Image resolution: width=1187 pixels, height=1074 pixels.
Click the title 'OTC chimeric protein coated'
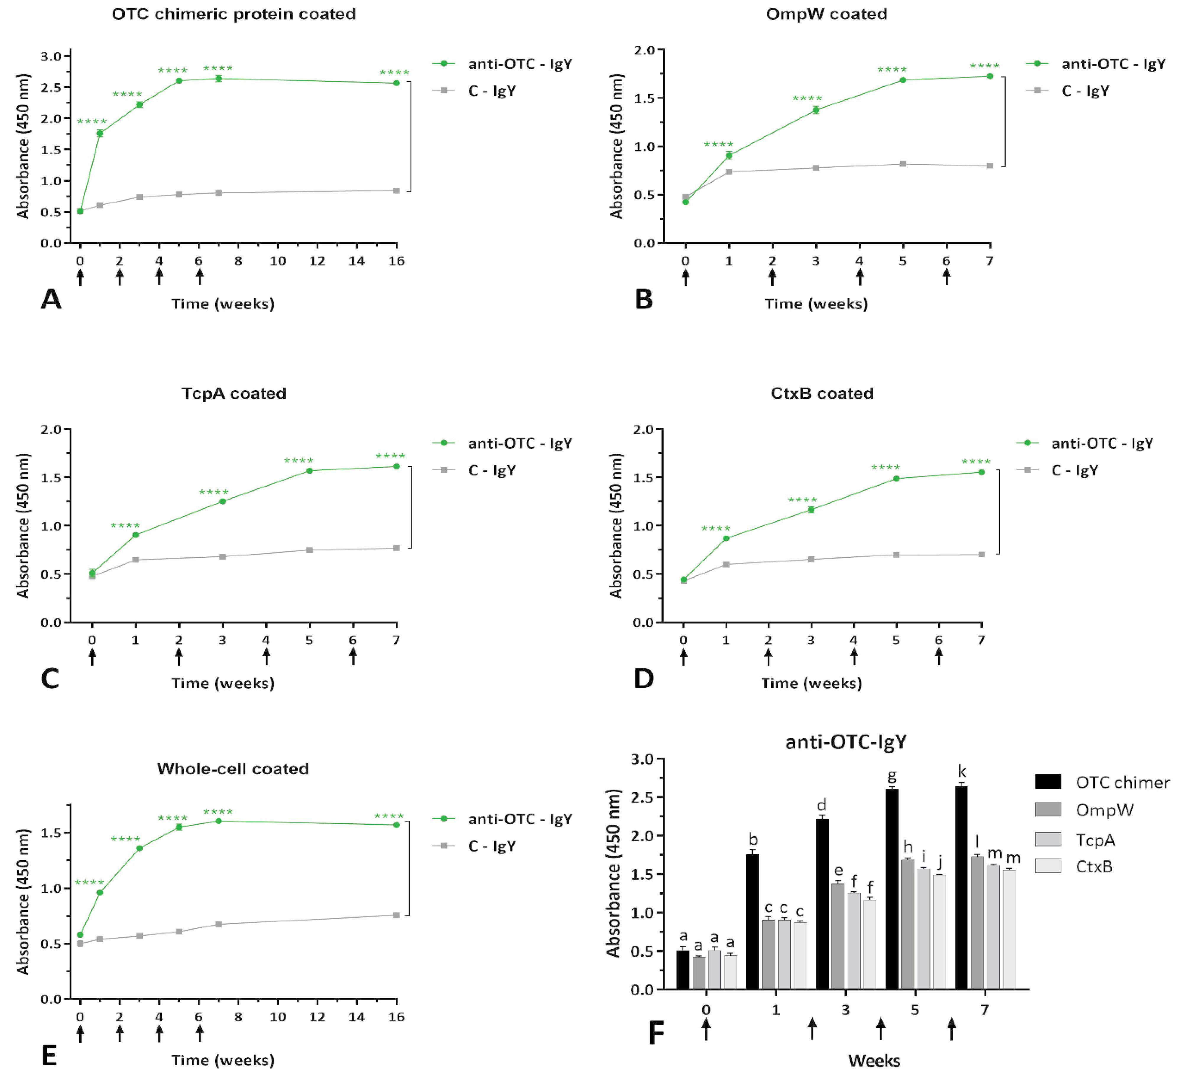(234, 14)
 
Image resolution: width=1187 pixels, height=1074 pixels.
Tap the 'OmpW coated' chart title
(826, 14)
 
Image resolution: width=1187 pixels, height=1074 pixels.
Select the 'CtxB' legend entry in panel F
(1094, 867)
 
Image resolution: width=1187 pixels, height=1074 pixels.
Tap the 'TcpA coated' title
(234, 393)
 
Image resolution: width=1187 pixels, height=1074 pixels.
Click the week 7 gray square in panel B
(990, 166)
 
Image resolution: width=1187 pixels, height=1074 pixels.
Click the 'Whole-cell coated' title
(233, 769)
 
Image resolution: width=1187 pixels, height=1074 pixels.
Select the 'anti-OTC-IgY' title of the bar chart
(846, 742)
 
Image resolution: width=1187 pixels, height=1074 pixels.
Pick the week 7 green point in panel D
(981, 472)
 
